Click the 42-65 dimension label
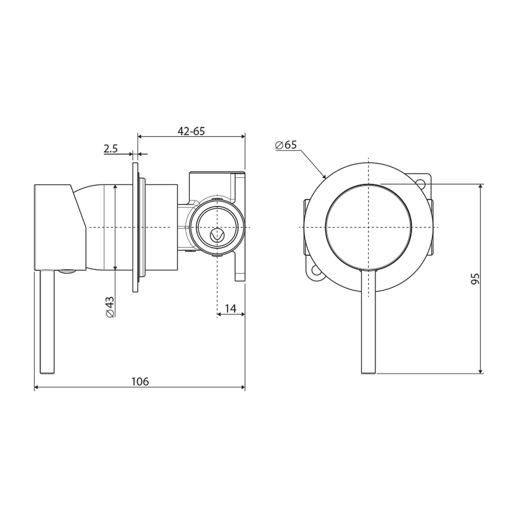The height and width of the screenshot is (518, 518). tap(191, 131)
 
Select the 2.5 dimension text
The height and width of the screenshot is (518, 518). tap(110, 149)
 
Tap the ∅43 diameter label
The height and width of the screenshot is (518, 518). tap(110, 306)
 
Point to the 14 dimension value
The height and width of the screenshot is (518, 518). tap(231, 308)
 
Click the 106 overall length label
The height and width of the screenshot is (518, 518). tap(140, 381)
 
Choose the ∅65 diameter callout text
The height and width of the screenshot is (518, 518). tap(286, 145)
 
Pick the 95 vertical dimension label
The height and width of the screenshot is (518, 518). tap(475, 279)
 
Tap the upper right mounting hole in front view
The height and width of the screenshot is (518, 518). tap(421, 183)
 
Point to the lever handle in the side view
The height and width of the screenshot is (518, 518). tap(47, 321)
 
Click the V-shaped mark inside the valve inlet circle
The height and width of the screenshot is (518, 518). tap(217, 235)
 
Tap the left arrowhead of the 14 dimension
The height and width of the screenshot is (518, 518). tap(219, 315)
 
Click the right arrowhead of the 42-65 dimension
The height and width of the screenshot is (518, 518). tap(243, 137)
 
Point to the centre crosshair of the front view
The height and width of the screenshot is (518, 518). tap(368, 227)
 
